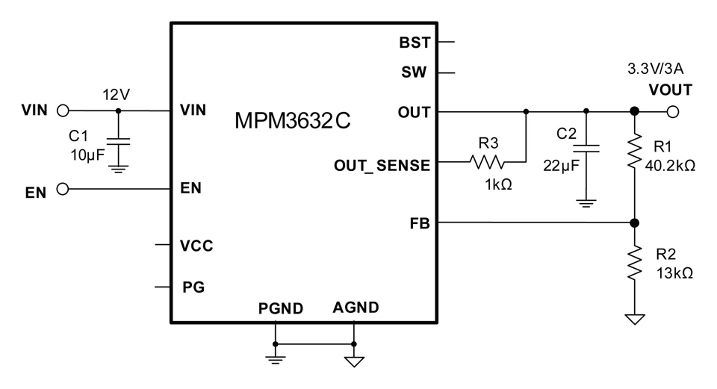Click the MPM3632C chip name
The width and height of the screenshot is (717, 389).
292,120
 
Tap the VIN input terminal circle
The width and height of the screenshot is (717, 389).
63,111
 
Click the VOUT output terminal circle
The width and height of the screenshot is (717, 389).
673,112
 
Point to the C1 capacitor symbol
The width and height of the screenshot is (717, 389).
118,141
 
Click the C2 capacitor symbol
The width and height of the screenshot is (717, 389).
586,149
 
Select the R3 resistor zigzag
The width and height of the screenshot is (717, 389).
487,162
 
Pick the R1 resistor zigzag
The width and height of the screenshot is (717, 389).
635,150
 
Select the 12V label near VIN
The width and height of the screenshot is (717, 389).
116,95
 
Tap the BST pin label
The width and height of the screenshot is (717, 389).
415,43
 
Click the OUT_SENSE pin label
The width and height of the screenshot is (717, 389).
382,166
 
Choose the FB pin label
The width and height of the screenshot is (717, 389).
420,223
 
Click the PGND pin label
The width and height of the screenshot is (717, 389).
281,308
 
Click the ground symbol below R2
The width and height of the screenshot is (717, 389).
635,319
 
